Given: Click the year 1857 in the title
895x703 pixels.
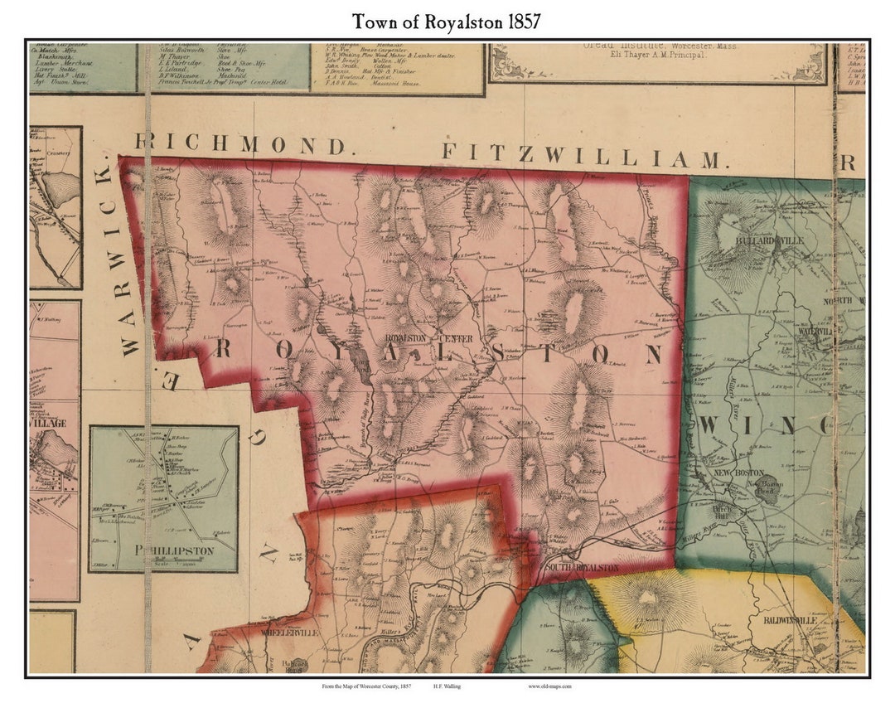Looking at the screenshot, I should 519,22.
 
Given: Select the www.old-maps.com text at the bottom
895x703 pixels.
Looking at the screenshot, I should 549,686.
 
